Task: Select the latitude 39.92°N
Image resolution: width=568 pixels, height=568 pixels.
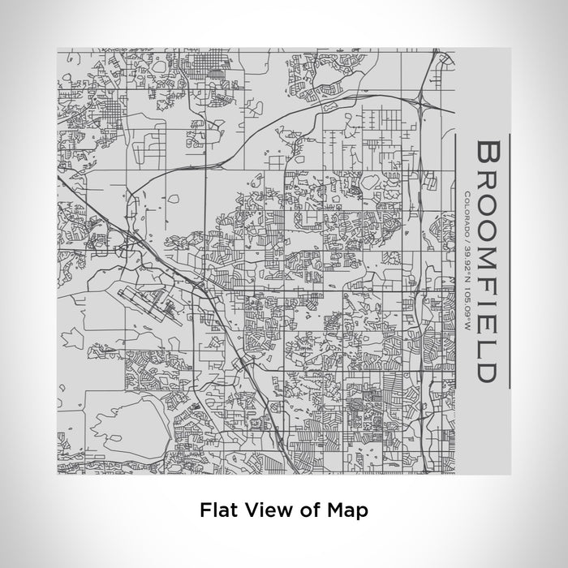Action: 468,248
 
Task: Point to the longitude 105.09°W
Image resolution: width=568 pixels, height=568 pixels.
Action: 468,284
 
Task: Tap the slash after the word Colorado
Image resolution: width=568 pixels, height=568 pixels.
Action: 468,229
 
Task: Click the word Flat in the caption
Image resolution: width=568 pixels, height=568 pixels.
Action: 215,510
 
